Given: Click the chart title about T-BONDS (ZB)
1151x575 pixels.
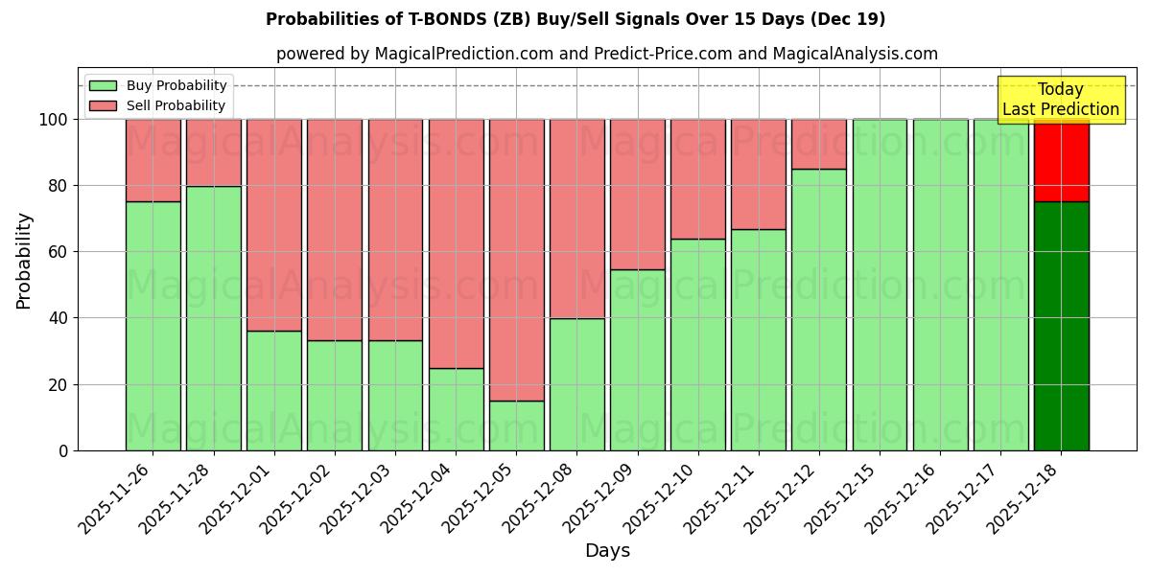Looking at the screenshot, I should [x=575, y=19].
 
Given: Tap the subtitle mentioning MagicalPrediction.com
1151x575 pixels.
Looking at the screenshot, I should [x=606, y=55].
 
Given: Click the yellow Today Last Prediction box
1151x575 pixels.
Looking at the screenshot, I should [x=1061, y=100].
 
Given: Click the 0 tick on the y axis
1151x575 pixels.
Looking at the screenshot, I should [x=63, y=450].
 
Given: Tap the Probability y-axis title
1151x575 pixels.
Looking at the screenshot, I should [x=24, y=260].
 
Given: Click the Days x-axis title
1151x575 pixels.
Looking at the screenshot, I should [x=607, y=551].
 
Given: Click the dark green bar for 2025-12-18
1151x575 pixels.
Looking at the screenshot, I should [x=1061, y=326].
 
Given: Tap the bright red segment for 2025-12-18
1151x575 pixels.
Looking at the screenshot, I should [x=1061, y=161].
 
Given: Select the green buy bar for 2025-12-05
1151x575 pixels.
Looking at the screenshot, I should [x=516, y=425].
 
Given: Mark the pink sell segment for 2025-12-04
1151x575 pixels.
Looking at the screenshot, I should [x=456, y=243].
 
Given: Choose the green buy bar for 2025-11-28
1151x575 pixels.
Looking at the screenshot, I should [x=213, y=318].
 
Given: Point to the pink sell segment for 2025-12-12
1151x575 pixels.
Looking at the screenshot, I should [x=819, y=144].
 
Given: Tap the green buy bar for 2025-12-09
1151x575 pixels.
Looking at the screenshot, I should [x=637, y=359].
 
